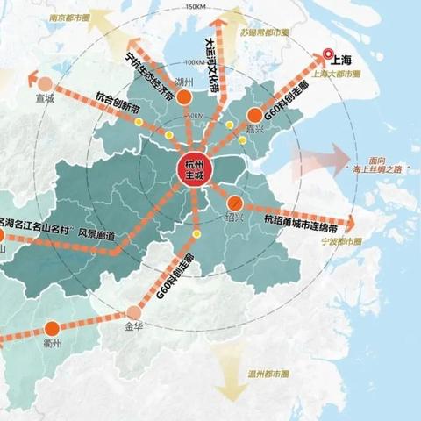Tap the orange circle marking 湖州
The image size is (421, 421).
184,98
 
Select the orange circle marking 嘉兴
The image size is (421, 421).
254,115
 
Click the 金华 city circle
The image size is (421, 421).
134,311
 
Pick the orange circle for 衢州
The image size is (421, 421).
52,328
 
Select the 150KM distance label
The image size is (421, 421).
196,7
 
